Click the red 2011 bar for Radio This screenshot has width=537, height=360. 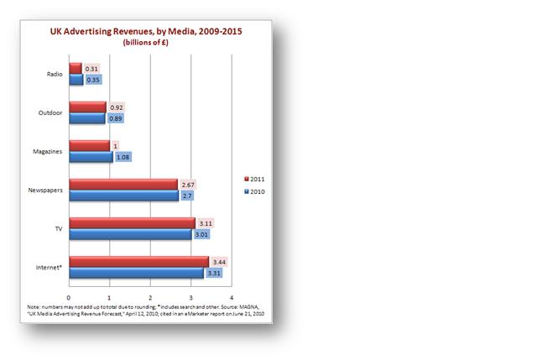pos(76,68)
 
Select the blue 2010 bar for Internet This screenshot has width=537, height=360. pos(136,273)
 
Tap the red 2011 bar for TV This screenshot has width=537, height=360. pos(132,222)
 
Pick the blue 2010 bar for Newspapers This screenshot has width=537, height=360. pos(124,196)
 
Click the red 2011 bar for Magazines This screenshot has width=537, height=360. pos(89,145)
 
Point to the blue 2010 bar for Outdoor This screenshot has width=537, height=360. pos(87,118)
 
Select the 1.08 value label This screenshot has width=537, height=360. pos(122,157)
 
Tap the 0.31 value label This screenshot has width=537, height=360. pos(91,68)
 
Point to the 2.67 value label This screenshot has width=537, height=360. pos(190,184)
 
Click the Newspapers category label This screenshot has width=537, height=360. pos(44,190)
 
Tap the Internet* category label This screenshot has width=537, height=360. pos(48,267)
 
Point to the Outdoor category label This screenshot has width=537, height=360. pos(49,112)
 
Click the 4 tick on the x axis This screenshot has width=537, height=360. pos(231,299)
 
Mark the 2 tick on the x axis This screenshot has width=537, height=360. pos(150,299)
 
